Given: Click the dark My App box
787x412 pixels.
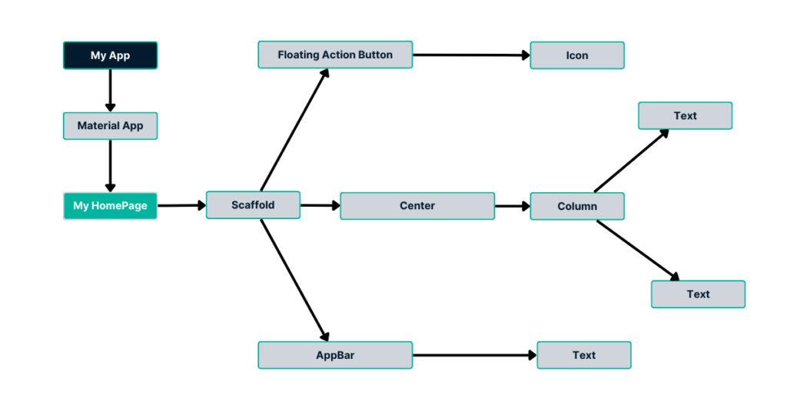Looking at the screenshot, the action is (111, 55).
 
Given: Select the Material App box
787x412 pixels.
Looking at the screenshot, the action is (111, 126).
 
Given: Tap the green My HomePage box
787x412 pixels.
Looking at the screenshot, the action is (111, 206).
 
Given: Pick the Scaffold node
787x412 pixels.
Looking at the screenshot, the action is (253, 204).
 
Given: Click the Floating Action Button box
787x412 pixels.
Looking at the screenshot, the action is (335, 55).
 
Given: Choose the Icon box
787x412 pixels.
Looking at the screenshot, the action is (577, 55).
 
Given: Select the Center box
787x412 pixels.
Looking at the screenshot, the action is (417, 206).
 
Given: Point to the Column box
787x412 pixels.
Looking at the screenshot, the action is (577, 206).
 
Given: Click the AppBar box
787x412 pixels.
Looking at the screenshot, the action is (335, 355).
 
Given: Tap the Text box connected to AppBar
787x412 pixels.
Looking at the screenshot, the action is (584, 355).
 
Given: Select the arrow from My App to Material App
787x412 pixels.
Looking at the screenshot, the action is (111, 91).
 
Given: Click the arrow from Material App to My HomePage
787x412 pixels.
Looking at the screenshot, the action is (111, 165).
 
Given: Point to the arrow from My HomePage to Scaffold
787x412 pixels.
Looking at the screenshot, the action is (181, 205).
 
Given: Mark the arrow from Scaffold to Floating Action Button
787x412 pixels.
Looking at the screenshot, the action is (294, 130).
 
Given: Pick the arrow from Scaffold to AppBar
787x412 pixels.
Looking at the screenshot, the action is (294, 280).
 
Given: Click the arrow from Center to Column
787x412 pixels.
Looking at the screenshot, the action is (513, 206).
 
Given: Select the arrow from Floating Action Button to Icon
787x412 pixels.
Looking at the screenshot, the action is (472, 55).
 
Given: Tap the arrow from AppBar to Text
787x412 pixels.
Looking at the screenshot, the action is (475, 355).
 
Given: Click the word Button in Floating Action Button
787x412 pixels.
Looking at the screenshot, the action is (374, 55).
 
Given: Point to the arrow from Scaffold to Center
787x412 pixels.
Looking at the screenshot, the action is (320, 205).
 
